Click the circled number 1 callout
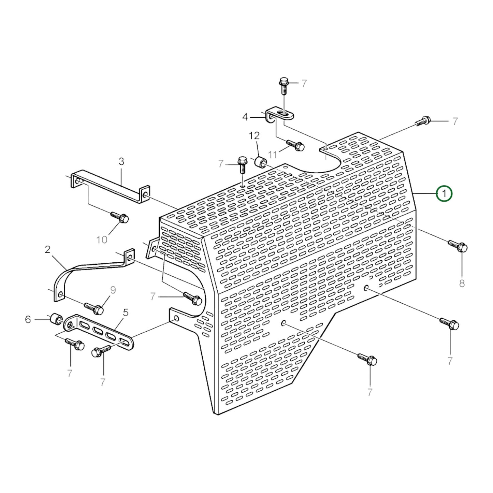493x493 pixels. coord(444,194)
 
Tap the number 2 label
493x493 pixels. coord(47,250)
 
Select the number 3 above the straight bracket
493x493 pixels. coord(121,161)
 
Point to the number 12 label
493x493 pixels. coord(254,136)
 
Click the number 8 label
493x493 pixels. coord(462,283)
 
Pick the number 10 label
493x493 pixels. coord(102,240)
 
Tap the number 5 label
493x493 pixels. coord(126,313)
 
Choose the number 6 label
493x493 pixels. coord(28,320)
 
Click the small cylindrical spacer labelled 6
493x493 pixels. coord(55,319)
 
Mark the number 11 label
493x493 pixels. coord(273,155)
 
